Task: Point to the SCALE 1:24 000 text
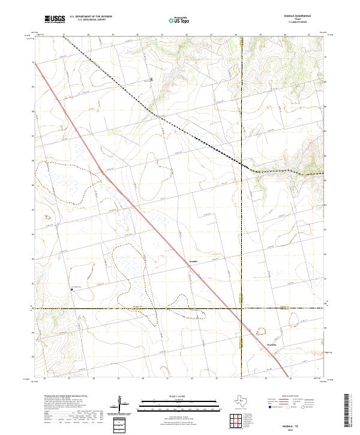click(x=181, y=396)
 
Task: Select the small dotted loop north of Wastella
click(x=261, y=330)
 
